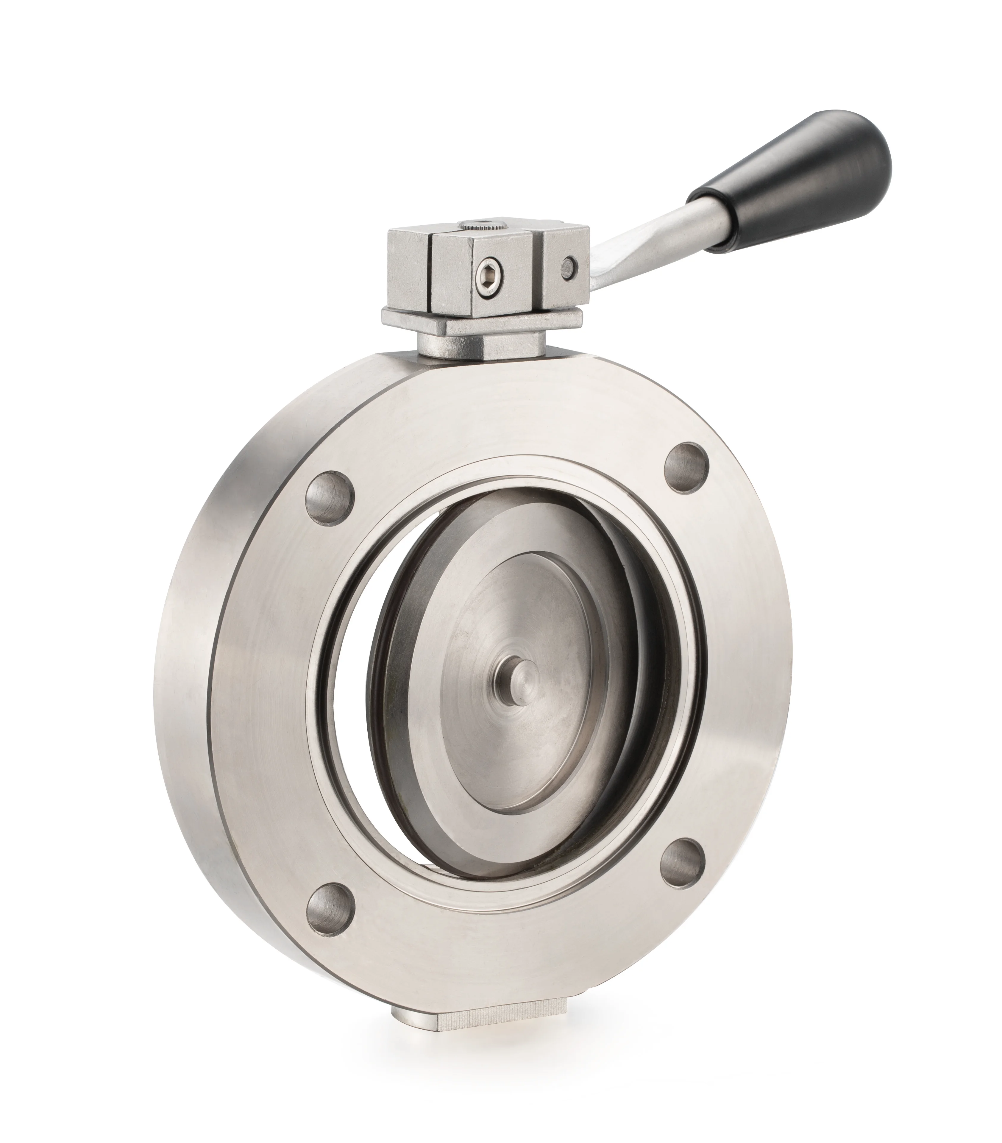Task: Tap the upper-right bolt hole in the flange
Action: (x=687, y=468)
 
